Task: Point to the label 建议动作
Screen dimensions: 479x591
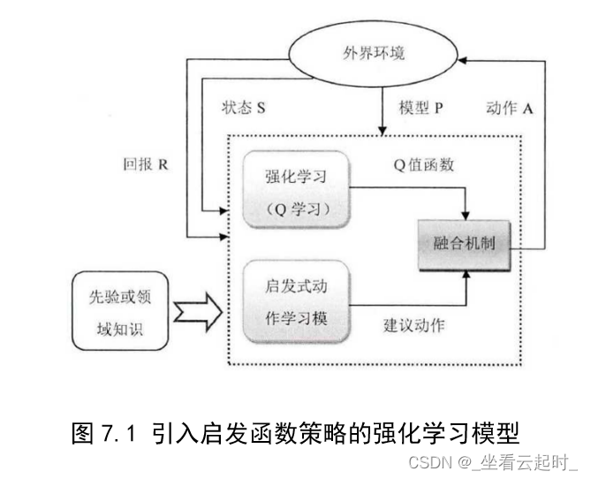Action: tap(414, 324)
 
